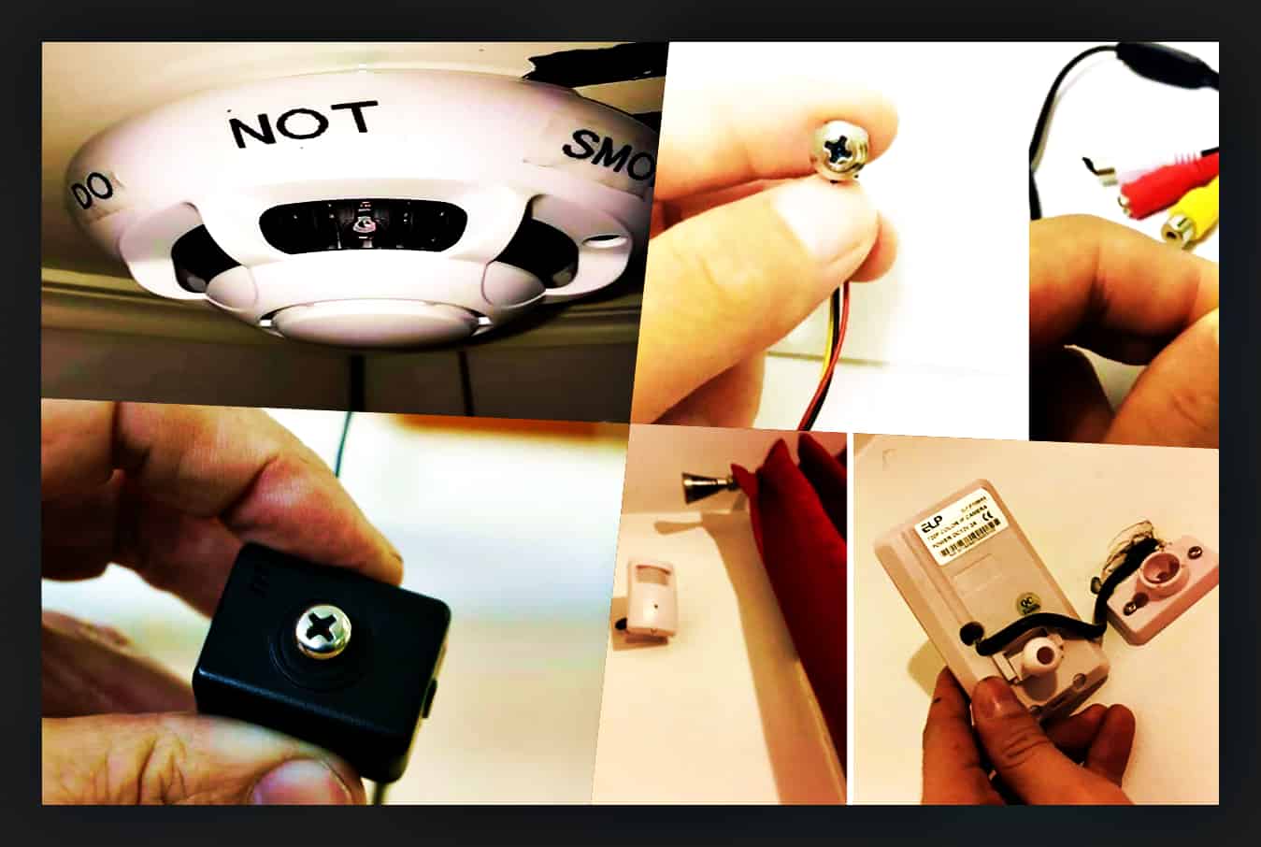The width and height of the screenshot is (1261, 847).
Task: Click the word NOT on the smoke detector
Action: (304, 124)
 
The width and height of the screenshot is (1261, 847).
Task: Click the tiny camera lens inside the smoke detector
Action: (358, 223)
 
